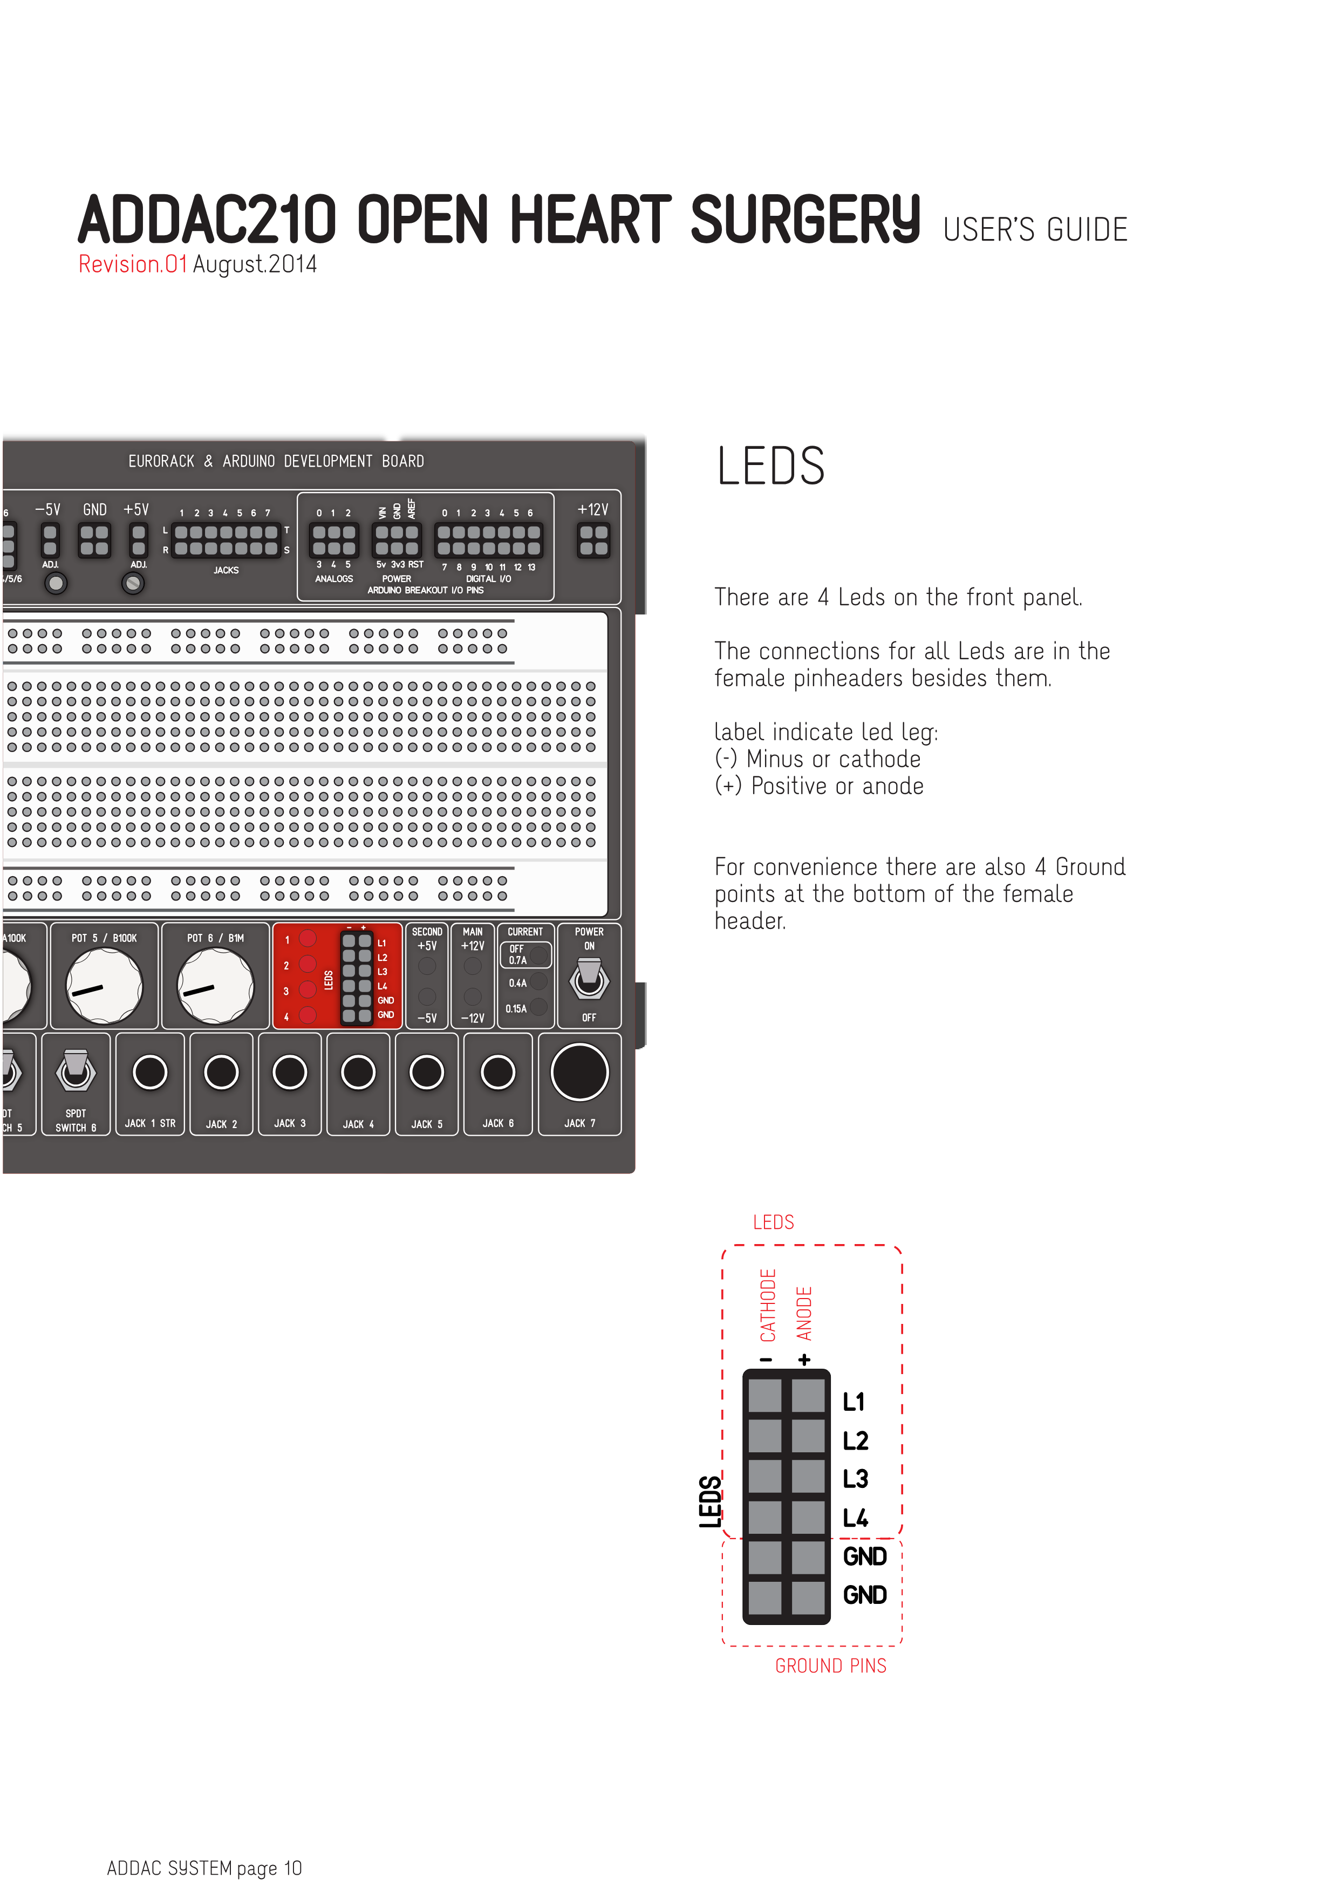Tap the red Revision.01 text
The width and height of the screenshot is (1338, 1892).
pyautogui.click(x=133, y=264)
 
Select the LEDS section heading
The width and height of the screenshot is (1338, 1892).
pyautogui.click(x=770, y=467)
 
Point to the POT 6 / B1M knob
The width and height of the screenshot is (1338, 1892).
pyautogui.click(x=216, y=986)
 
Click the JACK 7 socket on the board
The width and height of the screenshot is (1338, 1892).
pyautogui.click(x=580, y=1072)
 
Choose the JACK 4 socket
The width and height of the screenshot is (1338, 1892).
pyautogui.click(x=358, y=1072)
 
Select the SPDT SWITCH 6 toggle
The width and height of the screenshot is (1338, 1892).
pyautogui.click(x=76, y=1070)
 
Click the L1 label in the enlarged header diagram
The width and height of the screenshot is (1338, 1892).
pyautogui.click(x=854, y=1402)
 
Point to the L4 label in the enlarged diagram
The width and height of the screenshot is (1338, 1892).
pyautogui.click(x=855, y=1518)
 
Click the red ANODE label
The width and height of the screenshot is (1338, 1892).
pyautogui.click(x=804, y=1314)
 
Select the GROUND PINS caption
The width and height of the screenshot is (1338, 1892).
pyautogui.click(x=830, y=1666)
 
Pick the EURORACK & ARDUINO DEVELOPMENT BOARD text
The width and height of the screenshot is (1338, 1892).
pyautogui.click(x=276, y=461)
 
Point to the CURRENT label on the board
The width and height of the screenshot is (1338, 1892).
pyautogui.click(x=525, y=932)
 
